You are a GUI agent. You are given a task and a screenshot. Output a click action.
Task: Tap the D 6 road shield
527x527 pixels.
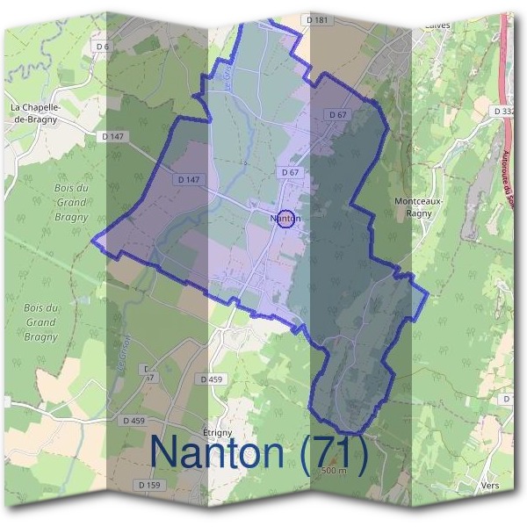pyautogui.click(x=104, y=46)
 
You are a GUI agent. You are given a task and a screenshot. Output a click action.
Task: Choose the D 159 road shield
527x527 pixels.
pyautogui.click(x=151, y=485)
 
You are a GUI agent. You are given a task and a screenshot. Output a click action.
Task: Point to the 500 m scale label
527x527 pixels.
pyautogui.click(x=335, y=472)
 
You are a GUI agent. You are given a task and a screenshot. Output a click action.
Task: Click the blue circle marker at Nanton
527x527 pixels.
pyautogui.click(x=285, y=219)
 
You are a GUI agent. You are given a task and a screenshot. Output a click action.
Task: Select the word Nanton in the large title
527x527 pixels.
pyautogui.click(x=220, y=452)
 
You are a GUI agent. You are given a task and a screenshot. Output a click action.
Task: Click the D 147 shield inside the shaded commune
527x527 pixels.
pyautogui.click(x=189, y=179)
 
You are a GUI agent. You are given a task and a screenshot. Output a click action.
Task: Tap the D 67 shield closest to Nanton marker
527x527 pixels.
pyautogui.click(x=291, y=173)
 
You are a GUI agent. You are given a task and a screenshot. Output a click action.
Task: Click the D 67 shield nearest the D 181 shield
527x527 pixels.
pyautogui.click(x=338, y=115)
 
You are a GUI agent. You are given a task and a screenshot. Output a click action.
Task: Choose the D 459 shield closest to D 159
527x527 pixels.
pyautogui.click(x=134, y=421)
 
